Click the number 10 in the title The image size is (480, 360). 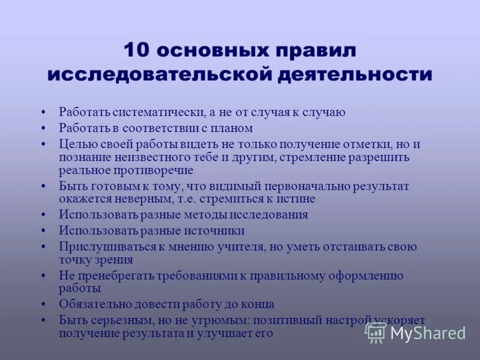pos(136,50)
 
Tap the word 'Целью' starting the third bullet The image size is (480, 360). pos(75,143)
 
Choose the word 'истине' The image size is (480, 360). pos(296,199)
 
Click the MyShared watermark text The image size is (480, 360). pos(428,333)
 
